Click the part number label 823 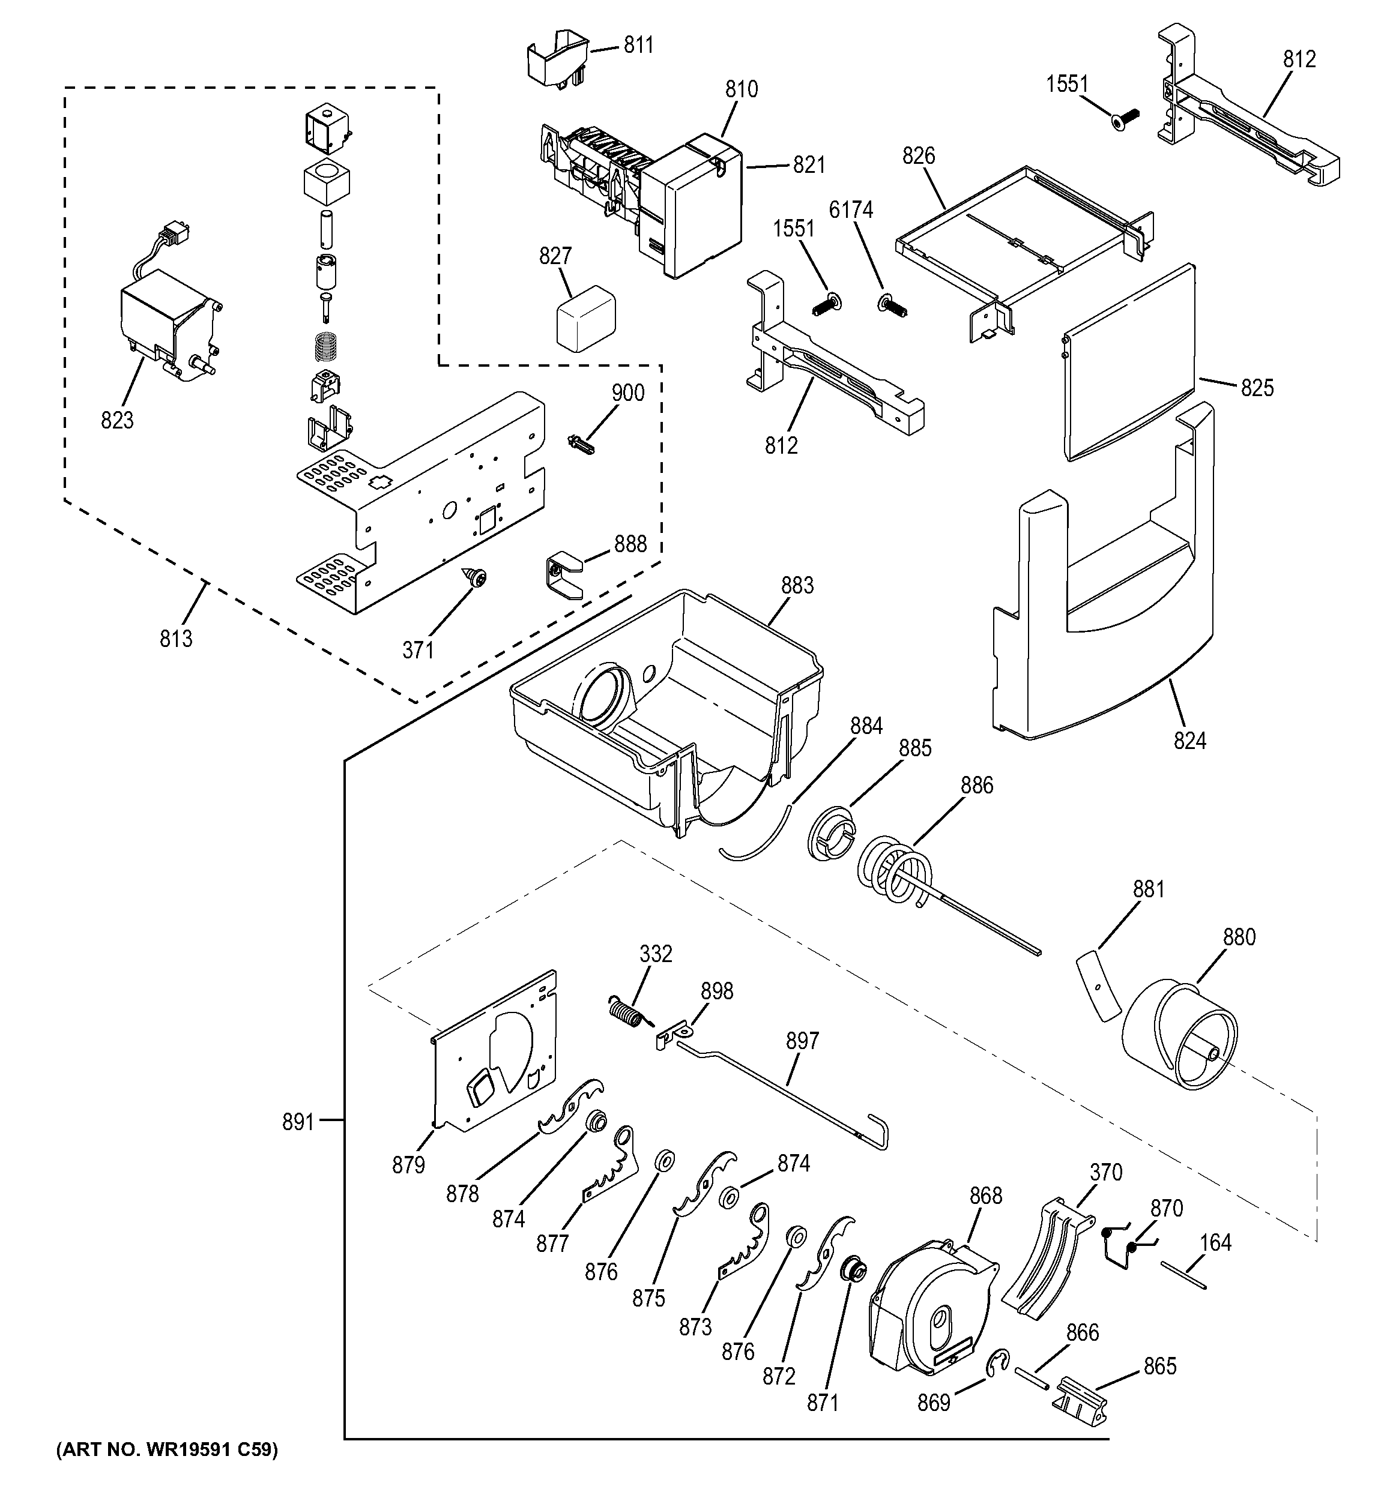(x=118, y=421)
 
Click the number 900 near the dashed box (x=627, y=393)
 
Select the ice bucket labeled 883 (x=665, y=710)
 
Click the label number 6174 (x=851, y=211)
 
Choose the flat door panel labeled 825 (x=1129, y=362)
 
